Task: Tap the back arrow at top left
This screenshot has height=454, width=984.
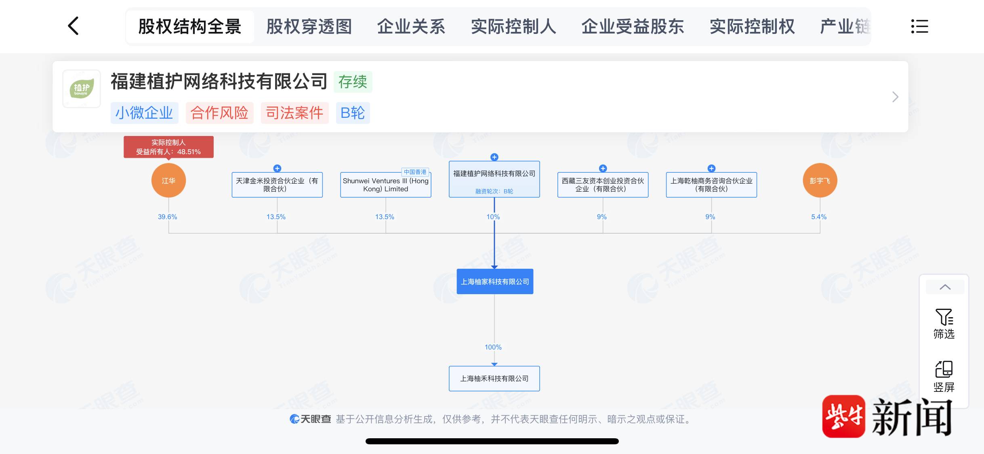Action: pos(73,26)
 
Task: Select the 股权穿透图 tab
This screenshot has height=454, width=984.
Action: pos(309,27)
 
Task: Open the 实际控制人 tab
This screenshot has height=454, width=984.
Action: pos(513,27)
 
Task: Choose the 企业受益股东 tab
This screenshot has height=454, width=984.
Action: pos(633,27)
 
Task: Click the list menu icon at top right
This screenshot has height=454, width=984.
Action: pos(919,27)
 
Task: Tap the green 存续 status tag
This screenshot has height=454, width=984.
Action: pos(353,82)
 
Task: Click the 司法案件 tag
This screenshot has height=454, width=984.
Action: pos(294,113)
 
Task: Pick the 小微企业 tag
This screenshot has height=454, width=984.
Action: pos(144,113)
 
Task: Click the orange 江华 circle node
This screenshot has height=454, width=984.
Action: pos(168,180)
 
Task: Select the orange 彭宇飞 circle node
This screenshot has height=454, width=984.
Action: pos(820,180)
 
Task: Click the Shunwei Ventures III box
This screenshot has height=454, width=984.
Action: pos(386,185)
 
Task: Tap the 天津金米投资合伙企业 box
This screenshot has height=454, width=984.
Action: pos(277,185)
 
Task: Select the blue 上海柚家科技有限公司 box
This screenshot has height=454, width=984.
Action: pos(495,282)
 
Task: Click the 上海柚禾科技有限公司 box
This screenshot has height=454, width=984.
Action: pos(494,379)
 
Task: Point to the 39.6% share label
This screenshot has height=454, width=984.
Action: pos(167,217)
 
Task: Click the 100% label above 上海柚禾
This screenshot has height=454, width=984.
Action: pos(493,347)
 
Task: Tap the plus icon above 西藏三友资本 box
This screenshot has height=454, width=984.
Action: pos(603,168)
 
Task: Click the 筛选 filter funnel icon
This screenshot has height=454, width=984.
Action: pos(944,317)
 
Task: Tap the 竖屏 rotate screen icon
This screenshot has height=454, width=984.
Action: pos(944,369)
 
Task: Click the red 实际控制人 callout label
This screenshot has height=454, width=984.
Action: pos(168,147)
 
